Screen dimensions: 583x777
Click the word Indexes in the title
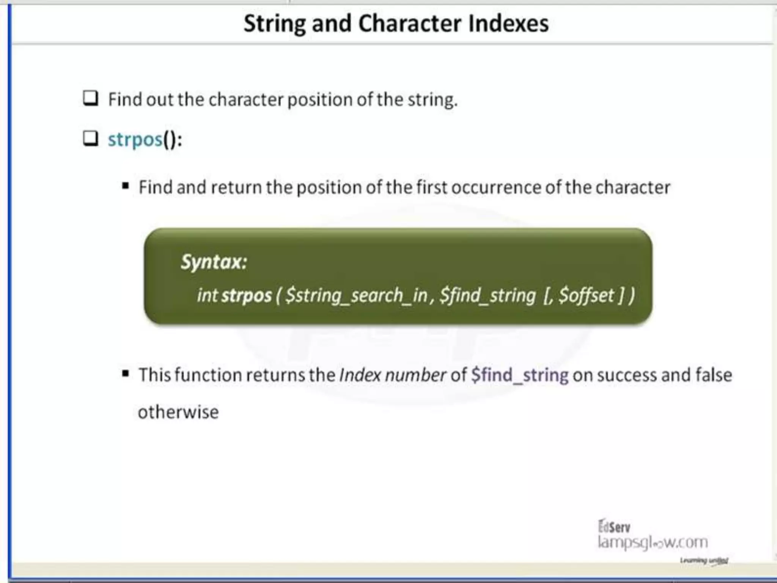click(508, 24)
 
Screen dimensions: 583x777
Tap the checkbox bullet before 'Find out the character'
click(91, 98)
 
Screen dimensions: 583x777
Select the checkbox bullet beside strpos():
click(91, 139)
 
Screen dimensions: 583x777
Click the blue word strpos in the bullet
click(135, 140)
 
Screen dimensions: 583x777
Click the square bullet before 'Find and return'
click(126, 186)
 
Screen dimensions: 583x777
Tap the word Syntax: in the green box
click(214, 262)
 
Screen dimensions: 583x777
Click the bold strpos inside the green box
click(247, 296)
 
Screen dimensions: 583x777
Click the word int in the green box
click(208, 295)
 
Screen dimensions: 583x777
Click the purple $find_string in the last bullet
click(519, 375)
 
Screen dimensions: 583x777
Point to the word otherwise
click(178, 412)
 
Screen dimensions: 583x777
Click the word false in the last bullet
click(713, 375)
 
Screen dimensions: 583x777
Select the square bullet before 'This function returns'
click(126, 374)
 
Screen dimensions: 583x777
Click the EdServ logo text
click(614, 527)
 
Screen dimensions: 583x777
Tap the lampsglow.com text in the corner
click(653, 542)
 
